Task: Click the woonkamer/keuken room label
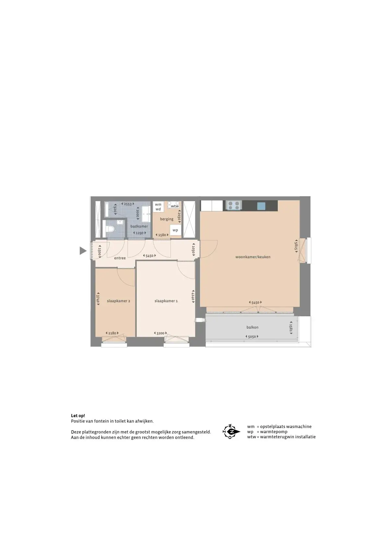253,257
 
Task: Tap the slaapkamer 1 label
166,301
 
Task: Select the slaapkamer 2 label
118,301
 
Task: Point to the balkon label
252,327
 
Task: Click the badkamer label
139,226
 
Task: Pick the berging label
167,219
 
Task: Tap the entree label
120,258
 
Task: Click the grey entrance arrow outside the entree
83,250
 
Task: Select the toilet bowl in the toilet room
111,229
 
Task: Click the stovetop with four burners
234,205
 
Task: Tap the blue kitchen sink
261,206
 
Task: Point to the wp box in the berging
175,230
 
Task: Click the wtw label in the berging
175,206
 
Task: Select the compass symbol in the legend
231,432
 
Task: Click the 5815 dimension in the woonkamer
296,246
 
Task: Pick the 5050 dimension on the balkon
252,337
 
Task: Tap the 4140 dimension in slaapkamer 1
193,296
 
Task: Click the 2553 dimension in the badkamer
128,204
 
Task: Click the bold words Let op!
78,416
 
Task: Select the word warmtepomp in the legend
274,431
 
